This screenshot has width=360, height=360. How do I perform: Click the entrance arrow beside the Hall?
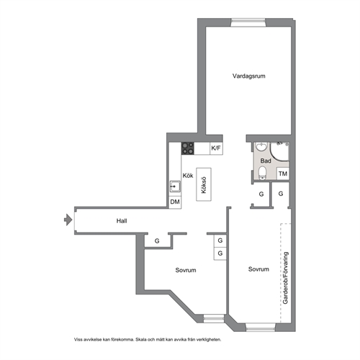[68, 220]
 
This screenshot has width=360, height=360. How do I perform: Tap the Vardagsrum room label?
[249, 76]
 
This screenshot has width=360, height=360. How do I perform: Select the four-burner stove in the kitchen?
[188, 148]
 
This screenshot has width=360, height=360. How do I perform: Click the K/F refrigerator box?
[216, 148]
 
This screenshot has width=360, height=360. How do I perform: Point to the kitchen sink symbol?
[175, 186]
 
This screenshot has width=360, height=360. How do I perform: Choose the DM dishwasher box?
[175, 202]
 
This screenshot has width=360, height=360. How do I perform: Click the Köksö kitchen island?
[204, 184]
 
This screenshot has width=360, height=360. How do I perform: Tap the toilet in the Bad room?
[263, 173]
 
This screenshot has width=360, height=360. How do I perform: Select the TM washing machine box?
[283, 174]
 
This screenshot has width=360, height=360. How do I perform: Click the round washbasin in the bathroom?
[261, 146]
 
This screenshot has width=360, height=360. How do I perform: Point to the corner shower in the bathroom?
[279, 151]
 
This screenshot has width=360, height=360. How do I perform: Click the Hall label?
[122, 221]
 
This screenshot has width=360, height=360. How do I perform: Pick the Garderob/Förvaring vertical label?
[285, 278]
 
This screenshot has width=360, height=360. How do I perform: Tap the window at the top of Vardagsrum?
[248, 22]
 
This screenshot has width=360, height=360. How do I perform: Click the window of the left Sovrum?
[214, 318]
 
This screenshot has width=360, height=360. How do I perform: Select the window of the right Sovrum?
[261, 328]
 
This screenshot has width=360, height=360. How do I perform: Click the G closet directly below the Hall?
[157, 240]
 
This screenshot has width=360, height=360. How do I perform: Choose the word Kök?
[188, 176]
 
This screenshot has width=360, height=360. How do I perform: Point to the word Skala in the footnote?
[141, 340]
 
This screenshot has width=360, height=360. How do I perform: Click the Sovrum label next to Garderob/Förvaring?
[258, 269]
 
